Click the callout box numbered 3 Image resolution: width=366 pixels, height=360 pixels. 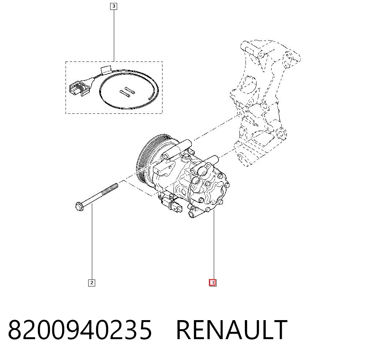[113, 6]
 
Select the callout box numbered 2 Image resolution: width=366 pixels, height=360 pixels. [91, 283]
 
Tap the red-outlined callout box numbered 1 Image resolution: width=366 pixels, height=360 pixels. [213, 283]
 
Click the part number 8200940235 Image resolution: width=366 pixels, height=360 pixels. [80, 330]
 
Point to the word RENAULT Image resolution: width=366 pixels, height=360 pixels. [232, 330]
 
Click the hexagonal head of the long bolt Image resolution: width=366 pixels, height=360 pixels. [79, 206]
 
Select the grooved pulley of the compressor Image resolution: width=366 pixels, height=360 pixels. [152, 159]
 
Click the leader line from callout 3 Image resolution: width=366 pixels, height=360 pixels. [114, 36]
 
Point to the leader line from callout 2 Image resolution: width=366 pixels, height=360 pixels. [92, 241]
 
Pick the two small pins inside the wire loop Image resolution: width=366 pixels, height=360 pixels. [127, 92]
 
